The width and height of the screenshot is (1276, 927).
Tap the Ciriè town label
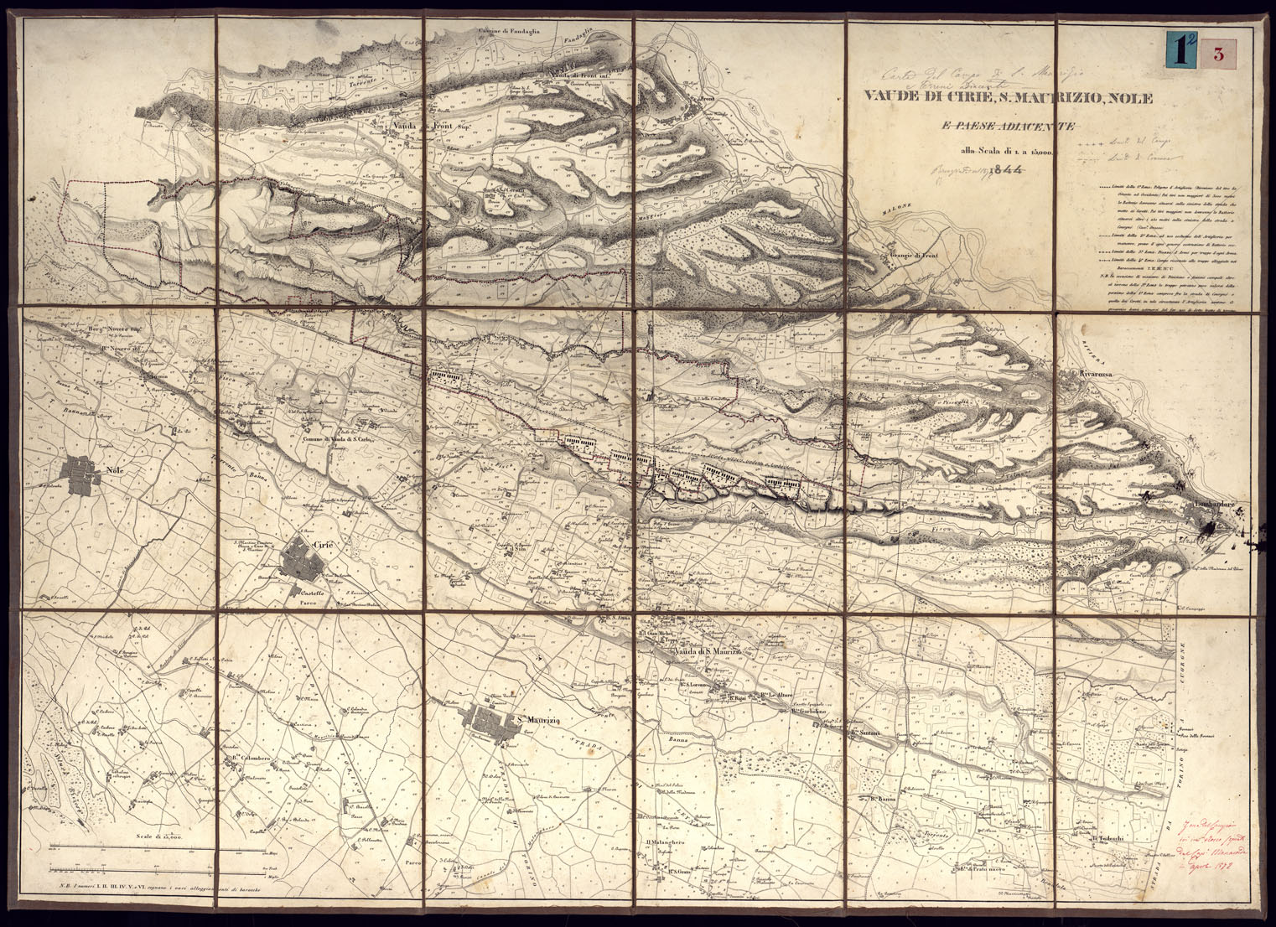tap(324, 546)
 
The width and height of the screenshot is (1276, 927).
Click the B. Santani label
tap(864, 733)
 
